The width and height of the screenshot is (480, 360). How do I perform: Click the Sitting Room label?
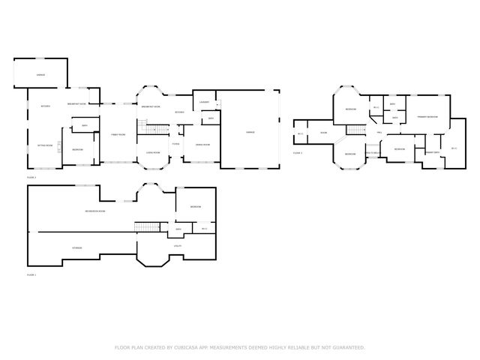45,145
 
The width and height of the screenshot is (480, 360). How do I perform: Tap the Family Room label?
118,134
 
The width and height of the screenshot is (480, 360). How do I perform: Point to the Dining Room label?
202,144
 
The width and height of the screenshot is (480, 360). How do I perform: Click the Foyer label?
176,143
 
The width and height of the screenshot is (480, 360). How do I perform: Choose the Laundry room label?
203,102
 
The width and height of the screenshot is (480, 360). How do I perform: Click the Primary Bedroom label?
427,117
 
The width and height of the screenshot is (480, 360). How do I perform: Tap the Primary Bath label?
432,152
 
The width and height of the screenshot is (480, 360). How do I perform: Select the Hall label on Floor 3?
379,133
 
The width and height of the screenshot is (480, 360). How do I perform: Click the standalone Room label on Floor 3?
324,133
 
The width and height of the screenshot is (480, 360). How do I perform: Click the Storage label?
76,247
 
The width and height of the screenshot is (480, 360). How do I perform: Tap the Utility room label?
178,246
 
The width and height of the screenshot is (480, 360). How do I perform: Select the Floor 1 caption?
31,275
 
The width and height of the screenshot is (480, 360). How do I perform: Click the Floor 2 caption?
31,177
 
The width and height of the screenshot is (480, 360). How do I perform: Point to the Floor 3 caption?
298,152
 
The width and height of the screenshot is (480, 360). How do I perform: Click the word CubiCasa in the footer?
183,347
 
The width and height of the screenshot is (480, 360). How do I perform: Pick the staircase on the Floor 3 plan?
355,130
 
